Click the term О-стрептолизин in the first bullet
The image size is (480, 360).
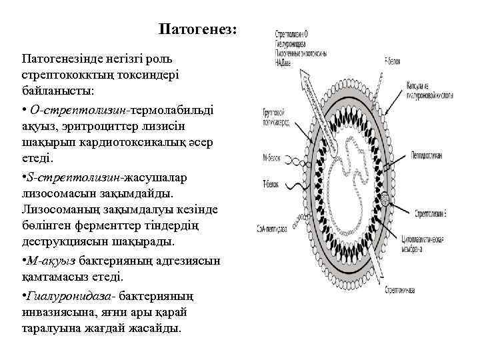(79, 108)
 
